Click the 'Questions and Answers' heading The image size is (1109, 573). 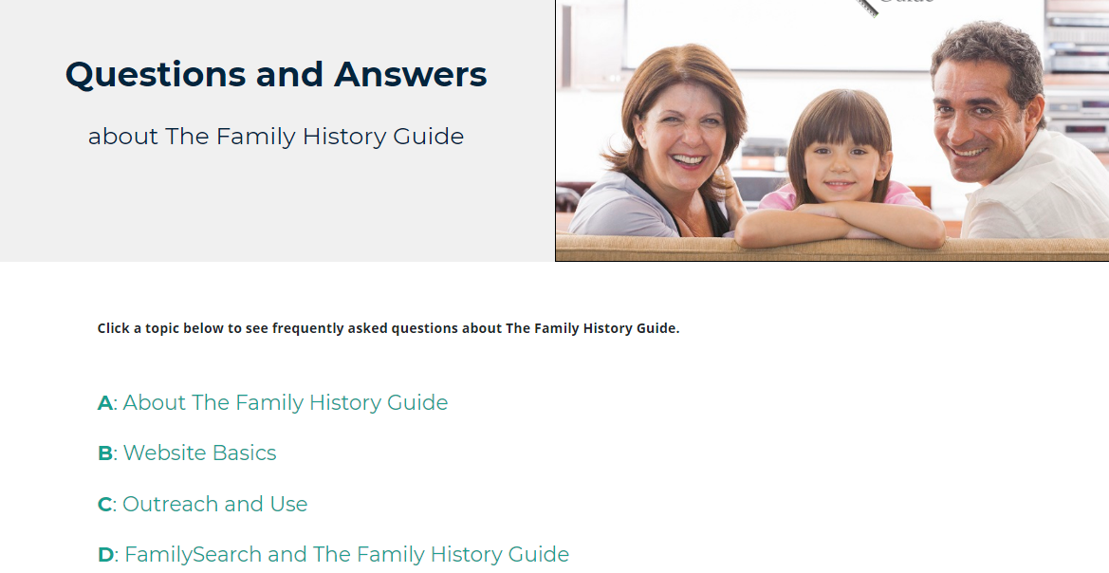point(276,74)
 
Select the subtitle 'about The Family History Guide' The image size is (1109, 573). point(276,136)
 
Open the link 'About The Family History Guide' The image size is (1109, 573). point(285,402)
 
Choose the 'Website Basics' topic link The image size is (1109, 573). point(199,453)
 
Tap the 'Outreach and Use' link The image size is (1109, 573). point(215,504)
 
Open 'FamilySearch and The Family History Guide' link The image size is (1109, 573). point(346,554)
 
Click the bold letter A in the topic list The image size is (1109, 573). point(104,403)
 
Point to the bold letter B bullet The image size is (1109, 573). point(104,453)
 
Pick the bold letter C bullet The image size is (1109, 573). point(104,505)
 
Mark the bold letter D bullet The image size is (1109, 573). point(105,555)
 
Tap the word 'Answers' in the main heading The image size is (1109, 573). point(410,74)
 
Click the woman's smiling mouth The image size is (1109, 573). point(688,159)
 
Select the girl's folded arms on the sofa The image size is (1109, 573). point(841,223)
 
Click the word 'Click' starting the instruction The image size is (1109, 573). point(114,328)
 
